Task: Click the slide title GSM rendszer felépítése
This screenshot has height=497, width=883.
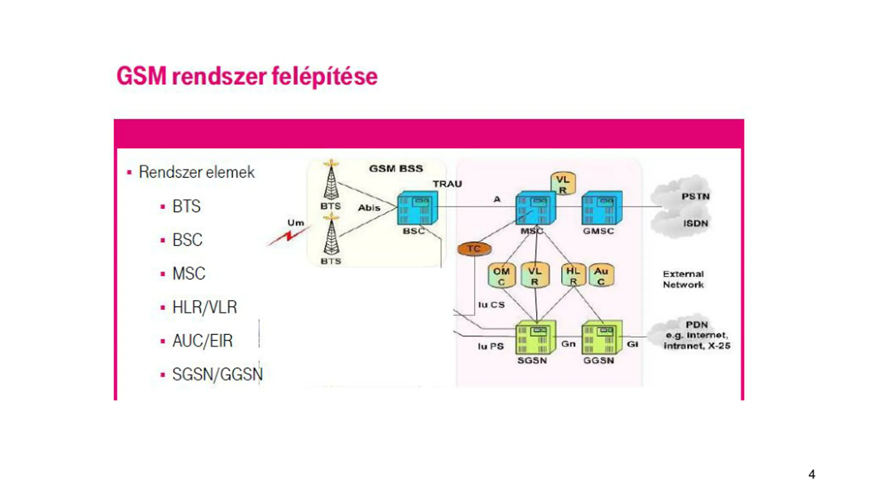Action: pos(247,76)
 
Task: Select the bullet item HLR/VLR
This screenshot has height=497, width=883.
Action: pos(204,307)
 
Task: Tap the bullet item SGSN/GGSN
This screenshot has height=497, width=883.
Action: pos(217,374)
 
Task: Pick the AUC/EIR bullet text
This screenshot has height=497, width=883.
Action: pos(202,341)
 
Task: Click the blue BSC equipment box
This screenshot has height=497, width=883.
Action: pos(417,209)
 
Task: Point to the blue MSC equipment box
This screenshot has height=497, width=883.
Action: pos(535,209)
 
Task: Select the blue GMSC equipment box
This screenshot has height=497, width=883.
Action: pos(602,208)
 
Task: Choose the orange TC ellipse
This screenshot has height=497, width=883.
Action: pos(474,248)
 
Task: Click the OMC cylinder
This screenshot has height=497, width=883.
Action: pos(501,276)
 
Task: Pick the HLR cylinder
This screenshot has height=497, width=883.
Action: pos(573,275)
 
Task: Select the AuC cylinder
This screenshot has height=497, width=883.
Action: pos(601,276)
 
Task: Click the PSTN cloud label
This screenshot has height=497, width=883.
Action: pos(695,196)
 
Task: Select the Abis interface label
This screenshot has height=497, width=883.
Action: pos(369,208)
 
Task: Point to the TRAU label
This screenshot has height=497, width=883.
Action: pos(447,184)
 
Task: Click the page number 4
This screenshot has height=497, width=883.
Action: pos(812,474)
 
